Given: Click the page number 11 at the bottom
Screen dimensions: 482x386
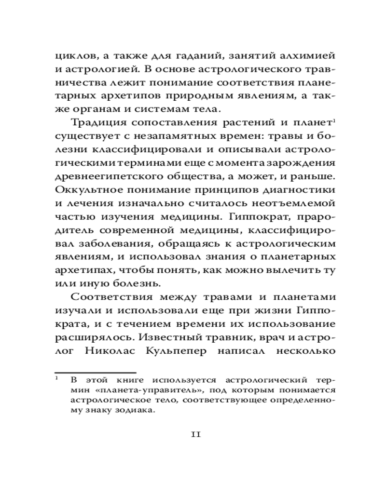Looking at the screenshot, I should (x=196, y=433).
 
